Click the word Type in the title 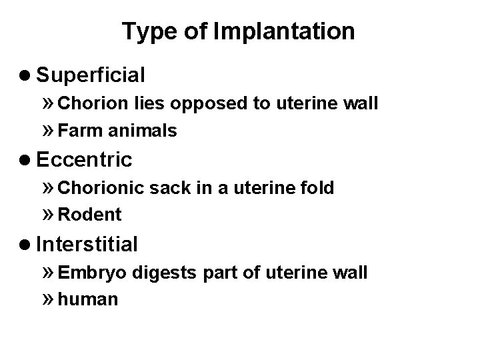pos(144,31)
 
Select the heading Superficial pos(91,75)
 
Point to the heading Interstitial pos(87,245)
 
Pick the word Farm pos(74,131)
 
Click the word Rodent pos(89,215)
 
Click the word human pos(88,300)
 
